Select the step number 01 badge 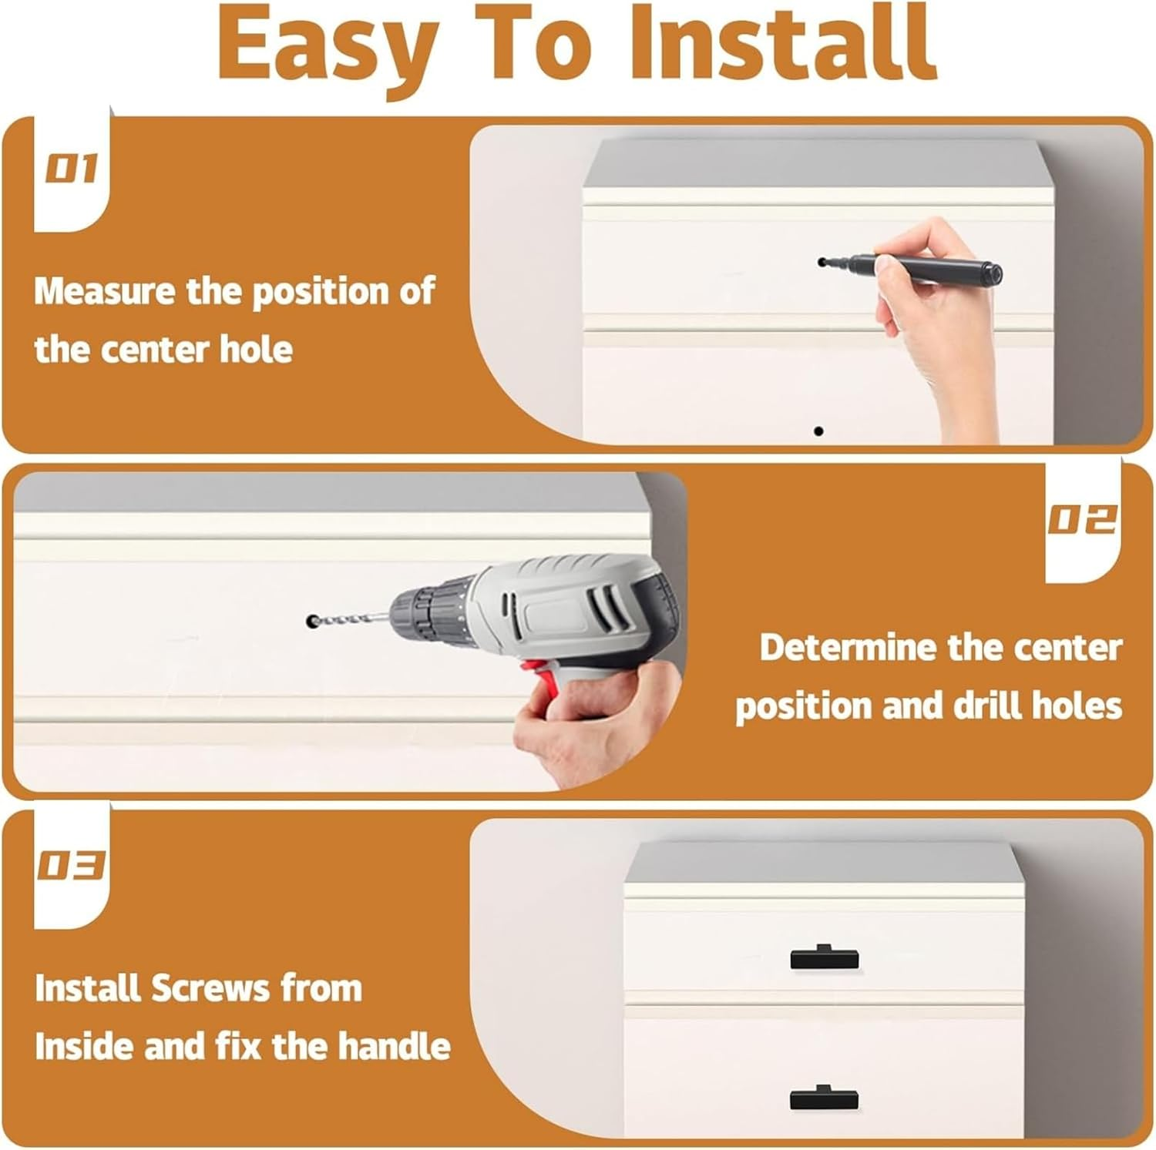point(71,169)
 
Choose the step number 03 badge point(71,865)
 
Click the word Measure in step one point(105,291)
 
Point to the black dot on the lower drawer point(818,431)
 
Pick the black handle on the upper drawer point(825,957)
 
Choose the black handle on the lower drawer point(825,1097)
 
